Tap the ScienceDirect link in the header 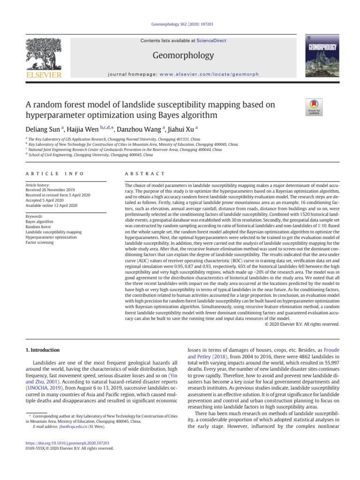point(211,41)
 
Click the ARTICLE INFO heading point(54,173)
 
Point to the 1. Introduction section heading point(42,350)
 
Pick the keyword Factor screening point(39,242)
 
